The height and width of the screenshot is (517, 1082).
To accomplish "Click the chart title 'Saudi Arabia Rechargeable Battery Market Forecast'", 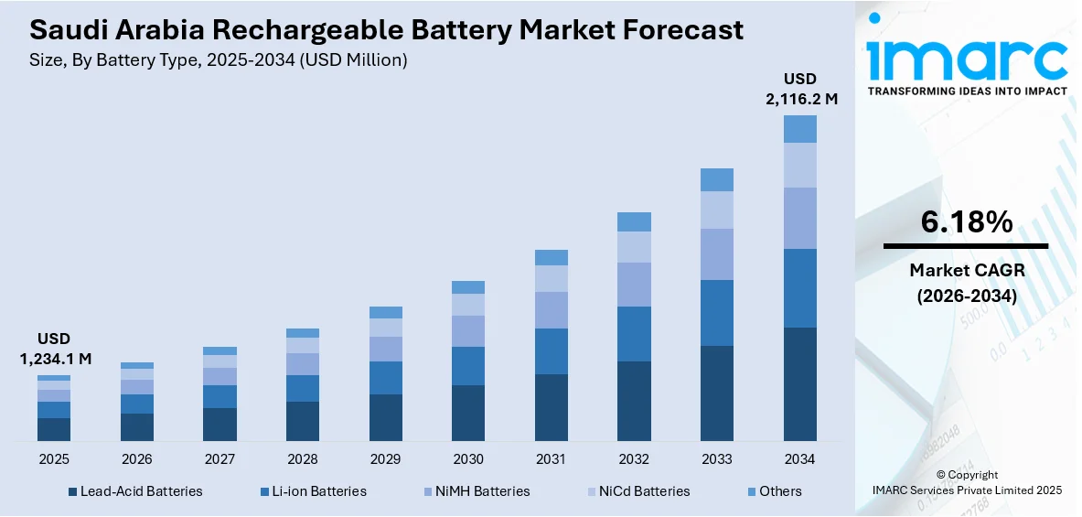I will [x=386, y=30].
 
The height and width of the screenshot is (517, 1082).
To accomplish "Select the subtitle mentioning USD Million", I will [x=219, y=59].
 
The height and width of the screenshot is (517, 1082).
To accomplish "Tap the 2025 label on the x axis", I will [x=53, y=458].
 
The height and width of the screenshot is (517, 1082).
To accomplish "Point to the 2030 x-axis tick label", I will [x=468, y=458].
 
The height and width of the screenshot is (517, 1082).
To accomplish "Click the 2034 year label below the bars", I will [x=799, y=458].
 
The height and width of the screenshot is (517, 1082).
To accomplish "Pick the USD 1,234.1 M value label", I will [x=55, y=349].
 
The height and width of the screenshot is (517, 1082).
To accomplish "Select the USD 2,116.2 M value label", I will [x=801, y=89].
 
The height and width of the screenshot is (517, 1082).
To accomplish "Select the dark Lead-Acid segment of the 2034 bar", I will [x=799, y=384].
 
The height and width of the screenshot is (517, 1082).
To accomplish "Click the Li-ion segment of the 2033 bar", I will [x=717, y=313].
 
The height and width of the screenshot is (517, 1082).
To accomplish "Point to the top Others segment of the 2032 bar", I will [x=634, y=221].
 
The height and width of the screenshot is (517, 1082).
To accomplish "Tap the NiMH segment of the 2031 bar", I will [x=552, y=310].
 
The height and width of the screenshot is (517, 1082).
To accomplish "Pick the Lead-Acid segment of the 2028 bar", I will [x=303, y=421].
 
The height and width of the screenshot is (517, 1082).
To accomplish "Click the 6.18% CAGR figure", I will [x=965, y=221].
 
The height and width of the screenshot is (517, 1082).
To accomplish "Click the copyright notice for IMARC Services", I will [x=967, y=483].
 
